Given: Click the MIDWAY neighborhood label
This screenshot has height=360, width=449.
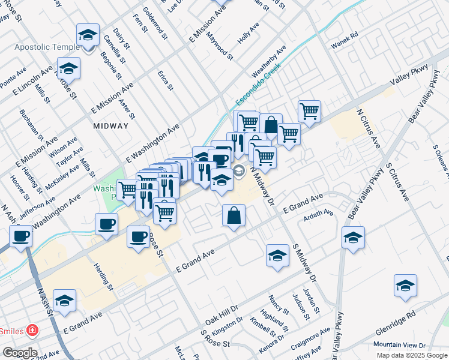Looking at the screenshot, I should (x=111, y=126).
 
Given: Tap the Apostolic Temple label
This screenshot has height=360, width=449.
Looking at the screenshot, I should (x=47, y=47).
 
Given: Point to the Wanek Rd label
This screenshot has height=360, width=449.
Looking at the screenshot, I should (x=345, y=34).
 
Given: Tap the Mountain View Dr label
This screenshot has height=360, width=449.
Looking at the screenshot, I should (x=399, y=345).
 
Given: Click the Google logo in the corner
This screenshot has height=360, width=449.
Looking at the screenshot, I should (x=20, y=353).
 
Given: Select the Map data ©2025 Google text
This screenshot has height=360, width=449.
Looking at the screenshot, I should (x=412, y=355).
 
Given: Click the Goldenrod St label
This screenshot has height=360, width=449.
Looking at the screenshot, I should (x=155, y=23).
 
